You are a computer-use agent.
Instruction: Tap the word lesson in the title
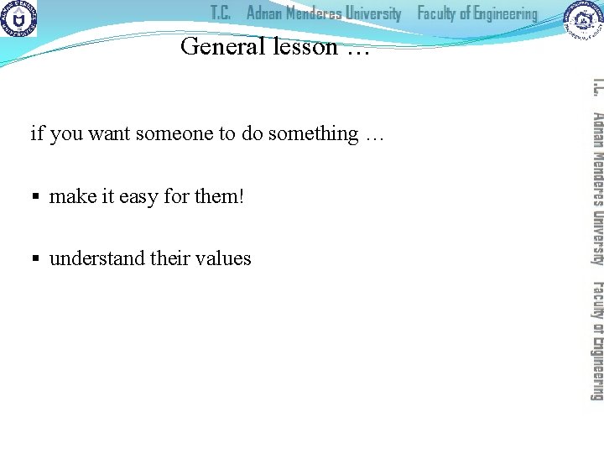pos(305,46)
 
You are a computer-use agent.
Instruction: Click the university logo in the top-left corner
pos(18,18)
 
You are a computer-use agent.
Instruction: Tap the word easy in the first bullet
pos(138,197)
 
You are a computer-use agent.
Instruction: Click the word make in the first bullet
pos(72,196)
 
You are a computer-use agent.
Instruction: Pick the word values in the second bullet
pos(222,258)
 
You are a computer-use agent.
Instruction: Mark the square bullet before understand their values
pos(36,259)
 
